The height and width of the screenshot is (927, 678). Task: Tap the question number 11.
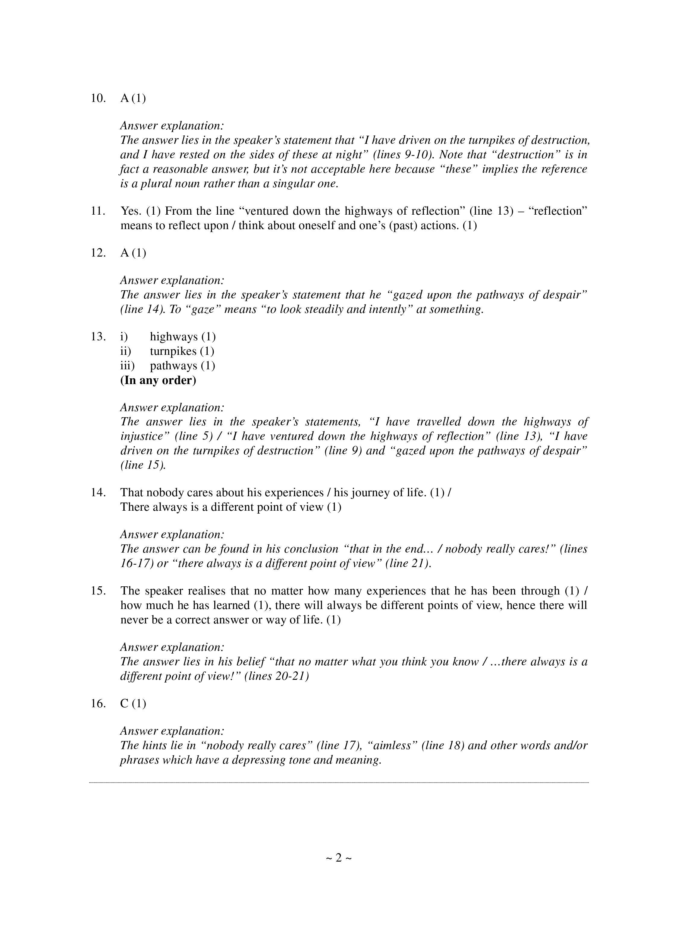[x=98, y=211]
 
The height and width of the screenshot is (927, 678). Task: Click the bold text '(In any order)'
[x=158, y=380]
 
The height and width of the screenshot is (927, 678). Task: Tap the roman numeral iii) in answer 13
[x=127, y=366]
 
